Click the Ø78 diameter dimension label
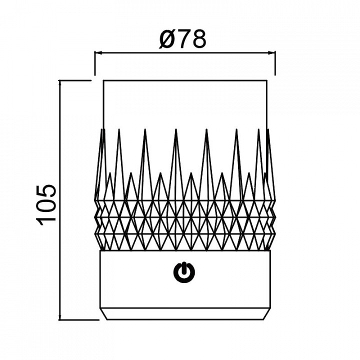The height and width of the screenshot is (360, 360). pyautogui.click(x=182, y=39)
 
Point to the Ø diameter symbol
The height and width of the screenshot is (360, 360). pyautogui.click(x=167, y=39)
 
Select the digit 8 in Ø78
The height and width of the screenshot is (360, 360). pyautogui.click(x=199, y=39)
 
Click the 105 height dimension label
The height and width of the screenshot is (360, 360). pyautogui.click(x=46, y=205)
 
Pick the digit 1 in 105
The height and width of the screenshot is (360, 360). pyautogui.click(x=47, y=221)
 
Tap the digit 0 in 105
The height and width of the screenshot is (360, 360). pyautogui.click(x=46, y=205)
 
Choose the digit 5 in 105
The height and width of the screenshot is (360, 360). pyautogui.click(x=46, y=191)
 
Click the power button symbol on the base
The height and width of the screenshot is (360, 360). pyautogui.click(x=184, y=272)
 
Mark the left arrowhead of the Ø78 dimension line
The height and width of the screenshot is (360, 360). pyautogui.click(x=98, y=53)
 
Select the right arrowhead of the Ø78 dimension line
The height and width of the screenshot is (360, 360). pyautogui.click(x=271, y=53)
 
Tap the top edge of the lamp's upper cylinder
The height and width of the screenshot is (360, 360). pyautogui.click(x=185, y=80)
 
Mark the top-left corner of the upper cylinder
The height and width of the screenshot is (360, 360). pyautogui.click(x=103, y=80)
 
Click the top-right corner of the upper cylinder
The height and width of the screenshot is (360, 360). pyautogui.click(x=267, y=80)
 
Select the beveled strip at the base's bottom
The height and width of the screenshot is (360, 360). pyautogui.click(x=185, y=314)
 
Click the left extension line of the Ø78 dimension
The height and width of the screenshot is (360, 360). pyautogui.click(x=95, y=63)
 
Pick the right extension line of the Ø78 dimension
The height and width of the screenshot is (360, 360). pyautogui.click(x=275, y=63)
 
